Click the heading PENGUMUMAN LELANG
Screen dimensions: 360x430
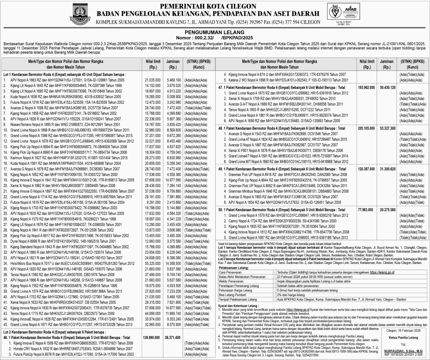coord(214,31)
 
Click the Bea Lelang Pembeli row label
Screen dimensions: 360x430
coord(233,295)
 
